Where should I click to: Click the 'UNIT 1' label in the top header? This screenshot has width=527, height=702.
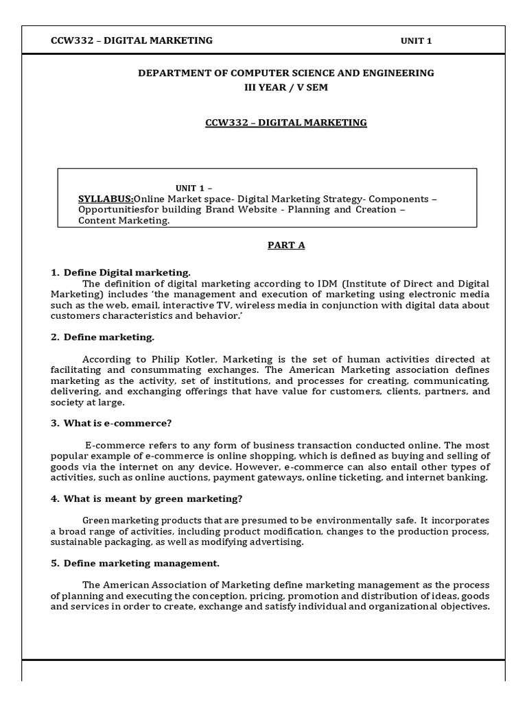(416, 41)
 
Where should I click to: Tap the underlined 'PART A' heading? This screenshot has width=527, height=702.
(286, 245)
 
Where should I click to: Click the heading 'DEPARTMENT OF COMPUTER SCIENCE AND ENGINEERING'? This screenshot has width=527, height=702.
(286, 73)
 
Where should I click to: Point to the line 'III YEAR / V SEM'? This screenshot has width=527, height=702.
(286, 88)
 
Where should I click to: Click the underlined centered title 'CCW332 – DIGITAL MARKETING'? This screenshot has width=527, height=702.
(286, 123)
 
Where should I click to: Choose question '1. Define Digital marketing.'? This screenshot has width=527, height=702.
(120, 272)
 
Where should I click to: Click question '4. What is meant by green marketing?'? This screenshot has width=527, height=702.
(146, 498)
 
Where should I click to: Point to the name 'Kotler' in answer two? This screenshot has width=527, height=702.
(204, 359)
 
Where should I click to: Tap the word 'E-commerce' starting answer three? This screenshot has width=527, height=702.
(111, 445)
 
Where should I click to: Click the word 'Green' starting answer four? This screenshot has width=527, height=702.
(96, 520)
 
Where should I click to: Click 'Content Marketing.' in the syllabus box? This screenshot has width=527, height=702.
(124, 221)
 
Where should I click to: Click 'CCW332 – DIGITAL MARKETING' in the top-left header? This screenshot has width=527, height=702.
(132, 40)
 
